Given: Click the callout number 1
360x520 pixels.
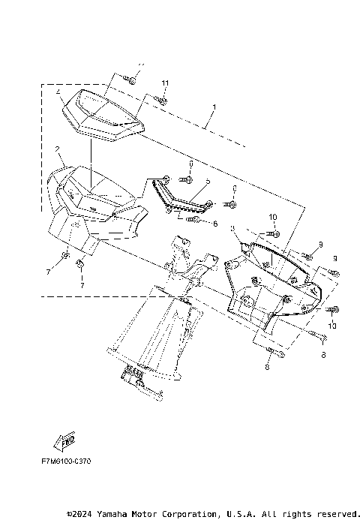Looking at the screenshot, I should click(x=214, y=108).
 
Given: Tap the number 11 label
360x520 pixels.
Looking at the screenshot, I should click(x=164, y=82).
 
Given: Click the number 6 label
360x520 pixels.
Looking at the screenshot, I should click(x=214, y=224).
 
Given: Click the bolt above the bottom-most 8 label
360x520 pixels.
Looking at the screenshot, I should click(x=271, y=351).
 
